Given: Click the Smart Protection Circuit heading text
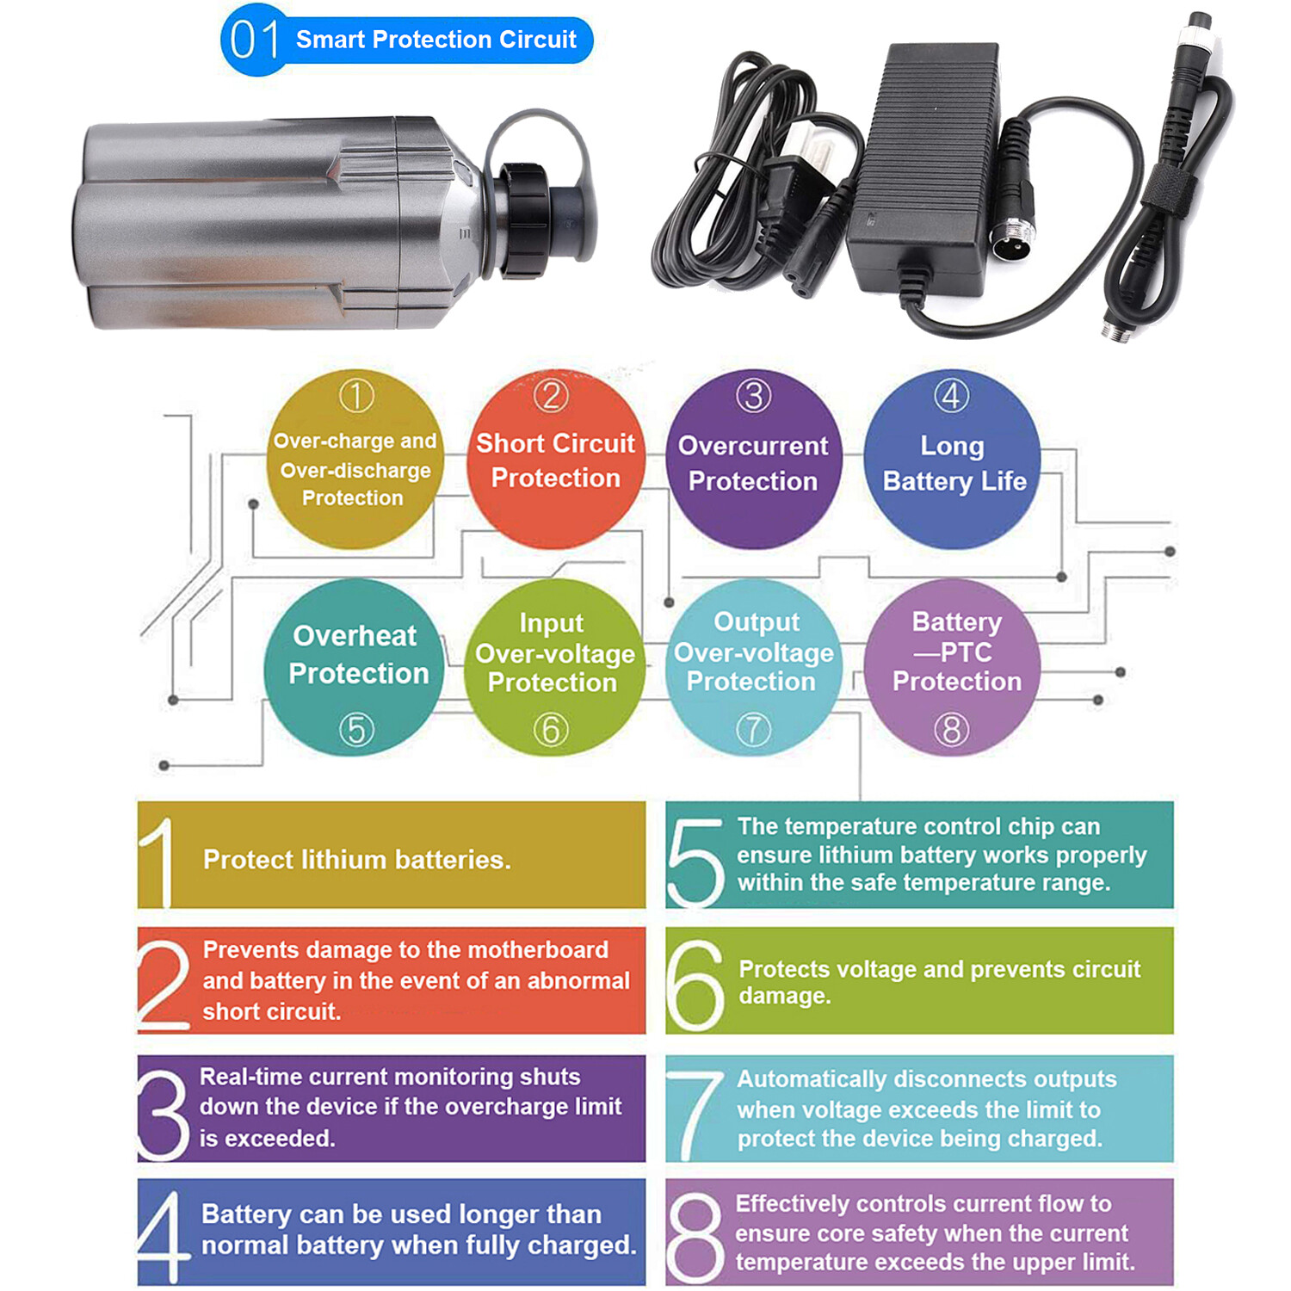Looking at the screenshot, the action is tap(435, 40).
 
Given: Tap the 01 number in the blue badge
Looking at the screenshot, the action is tap(255, 40).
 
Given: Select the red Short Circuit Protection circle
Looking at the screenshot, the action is tap(555, 460).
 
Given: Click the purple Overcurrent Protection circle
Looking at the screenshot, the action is tap(753, 460).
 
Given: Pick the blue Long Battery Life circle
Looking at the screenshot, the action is tap(952, 460).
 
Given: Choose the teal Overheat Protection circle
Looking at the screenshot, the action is tap(356, 668).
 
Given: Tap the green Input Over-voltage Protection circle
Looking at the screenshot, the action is tap(553, 668).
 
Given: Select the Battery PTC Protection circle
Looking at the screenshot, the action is tap(953, 668).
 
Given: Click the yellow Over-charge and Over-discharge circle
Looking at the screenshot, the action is tap(355, 460).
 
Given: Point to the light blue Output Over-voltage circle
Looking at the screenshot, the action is tap(754, 668).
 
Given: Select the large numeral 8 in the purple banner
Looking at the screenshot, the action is tap(695, 1236).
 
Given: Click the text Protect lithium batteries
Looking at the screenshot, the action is tap(357, 860).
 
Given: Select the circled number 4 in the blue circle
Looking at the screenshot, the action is tap(952, 396).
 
